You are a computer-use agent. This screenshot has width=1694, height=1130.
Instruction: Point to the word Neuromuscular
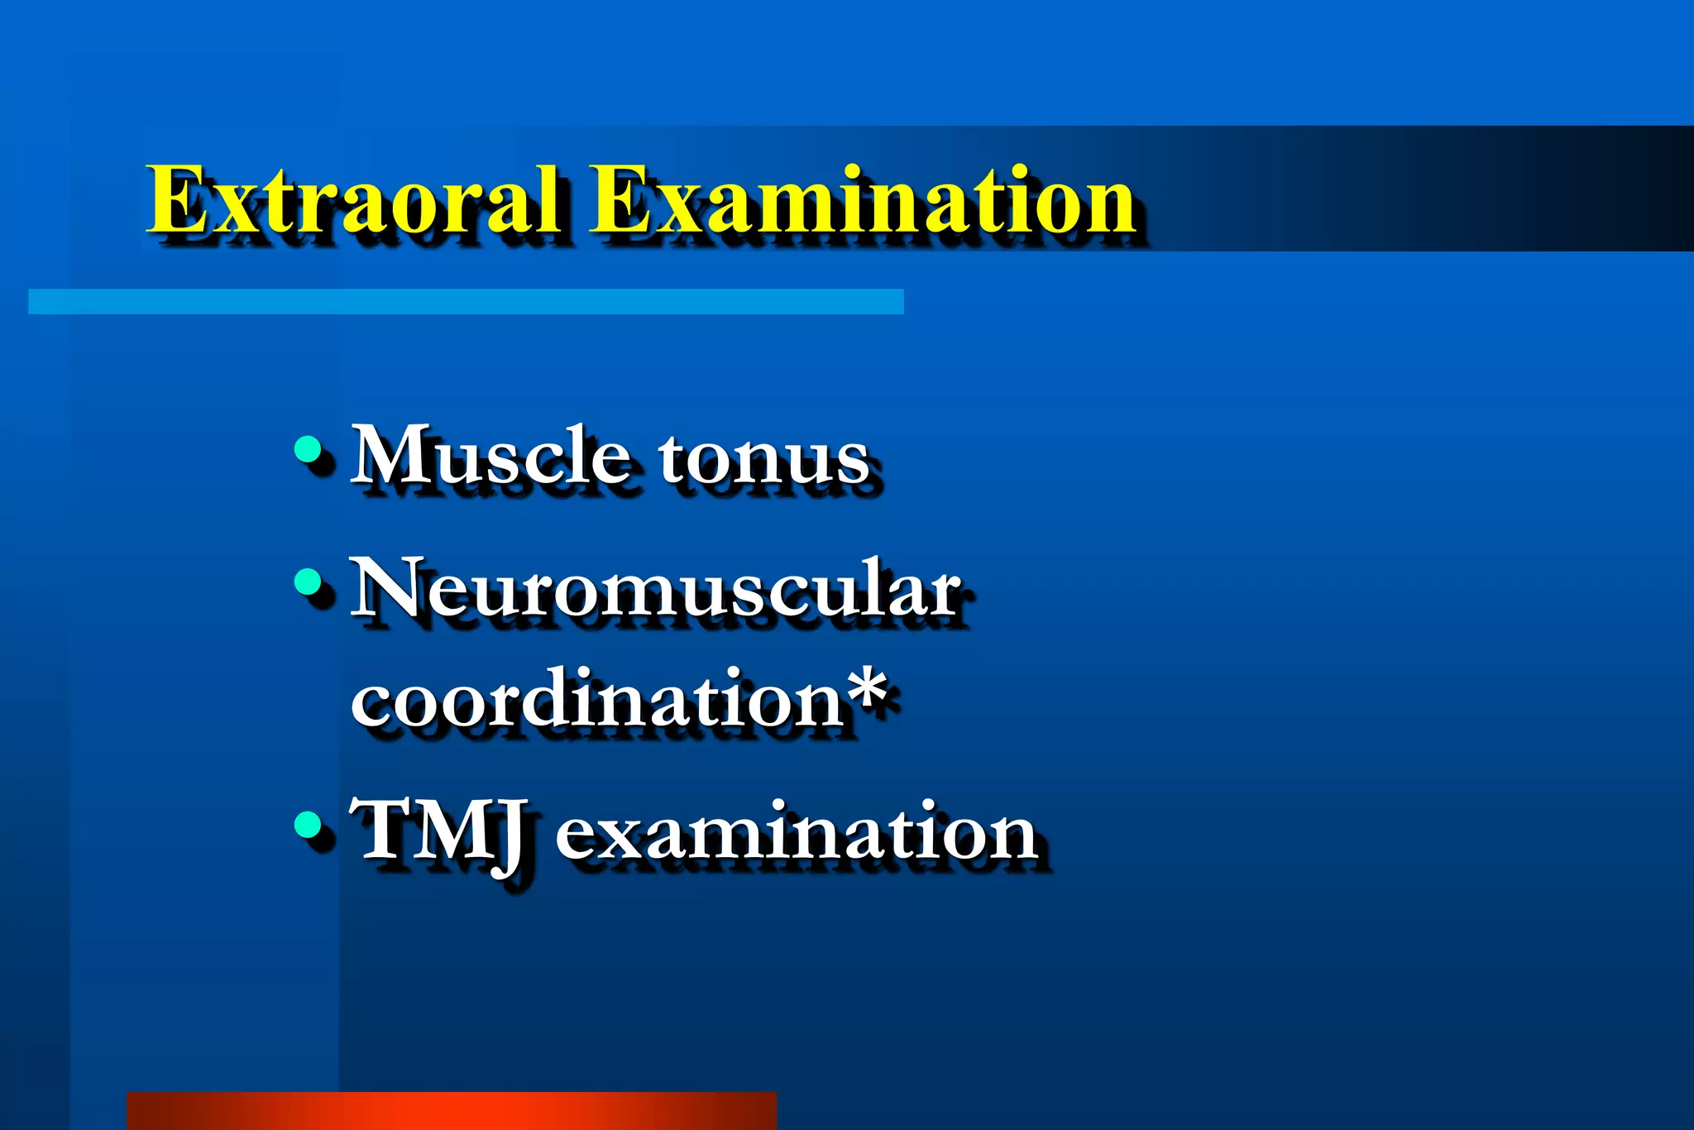[x=656, y=589]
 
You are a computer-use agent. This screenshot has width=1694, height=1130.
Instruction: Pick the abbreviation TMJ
[x=438, y=831]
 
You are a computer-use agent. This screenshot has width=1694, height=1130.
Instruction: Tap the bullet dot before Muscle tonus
[x=308, y=450]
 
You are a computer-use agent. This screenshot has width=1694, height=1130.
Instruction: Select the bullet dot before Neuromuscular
[x=308, y=582]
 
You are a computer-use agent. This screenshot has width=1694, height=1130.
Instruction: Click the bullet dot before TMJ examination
[x=308, y=824]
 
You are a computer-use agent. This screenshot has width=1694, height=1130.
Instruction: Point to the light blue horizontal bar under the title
[x=466, y=301]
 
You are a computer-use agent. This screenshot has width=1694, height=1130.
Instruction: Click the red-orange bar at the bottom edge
[x=451, y=1111]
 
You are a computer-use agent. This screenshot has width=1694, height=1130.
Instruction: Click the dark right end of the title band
[x=1613, y=189]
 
